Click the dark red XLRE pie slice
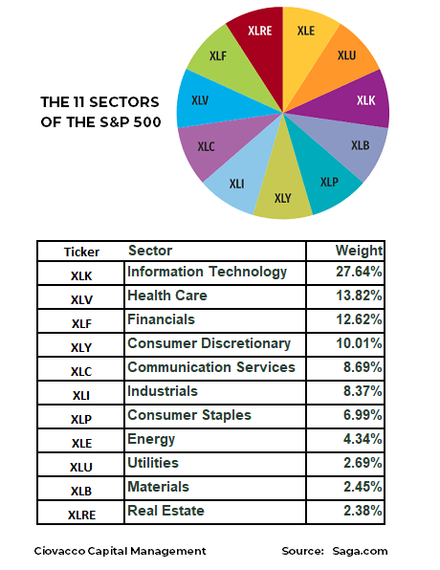(x=259, y=36)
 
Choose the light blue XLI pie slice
(x=237, y=182)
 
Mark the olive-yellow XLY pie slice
(x=283, y=197)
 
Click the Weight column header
(x=359, y=251)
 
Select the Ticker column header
(x=81, y=252)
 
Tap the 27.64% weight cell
(x=359, y=273)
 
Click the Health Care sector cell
(x=167, y=296)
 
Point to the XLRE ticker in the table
(x=81, y=514)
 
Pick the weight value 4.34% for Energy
(x=359, y=440)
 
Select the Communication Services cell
(x=211, y=367)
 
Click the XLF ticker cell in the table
(x=81, y=322)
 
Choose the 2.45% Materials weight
(x=359, y=488)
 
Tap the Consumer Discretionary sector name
(x=209, y=343)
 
